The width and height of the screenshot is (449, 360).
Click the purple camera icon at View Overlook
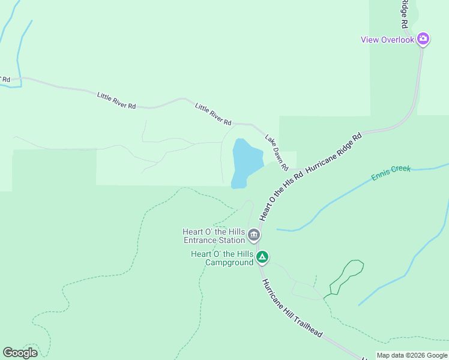point(423,40)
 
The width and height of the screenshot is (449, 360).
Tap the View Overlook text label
point(387,40)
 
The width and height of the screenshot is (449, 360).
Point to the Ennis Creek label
point(391,172)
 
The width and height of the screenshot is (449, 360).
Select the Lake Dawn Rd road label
point(277,152)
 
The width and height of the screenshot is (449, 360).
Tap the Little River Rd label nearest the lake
point(213,113)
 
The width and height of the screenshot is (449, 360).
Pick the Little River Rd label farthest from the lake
point(116,100)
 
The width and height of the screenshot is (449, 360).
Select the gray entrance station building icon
point(254,235)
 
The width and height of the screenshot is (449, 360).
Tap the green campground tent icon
point(262,258)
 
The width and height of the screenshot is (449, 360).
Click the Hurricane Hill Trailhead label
point(292,307)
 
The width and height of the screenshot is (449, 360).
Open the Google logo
point(20,353)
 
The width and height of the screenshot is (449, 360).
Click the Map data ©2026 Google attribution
point(412,355)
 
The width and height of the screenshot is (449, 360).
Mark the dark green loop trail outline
point(347,276)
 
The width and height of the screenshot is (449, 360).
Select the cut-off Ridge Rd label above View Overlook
point(404,13)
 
